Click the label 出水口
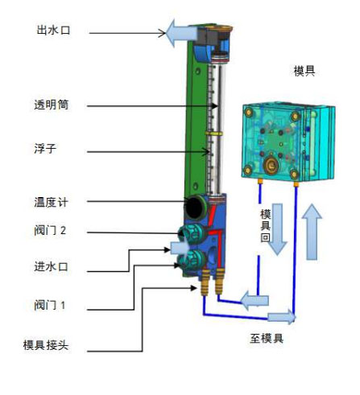coord(53,30)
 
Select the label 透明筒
coord(52,105)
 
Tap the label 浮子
coord(45,148)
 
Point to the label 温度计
coord(51,202)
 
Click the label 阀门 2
coord(50,230)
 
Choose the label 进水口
coord(51,266)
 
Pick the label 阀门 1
coord(50,305)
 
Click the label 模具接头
coord(46,345)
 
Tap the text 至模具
coord(267,338)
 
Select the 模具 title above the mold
coord(304,71)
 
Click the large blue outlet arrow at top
coord(182,33)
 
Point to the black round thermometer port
coord(195,208)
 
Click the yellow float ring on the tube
coord(214,134)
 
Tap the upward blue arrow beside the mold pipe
coord(312,232)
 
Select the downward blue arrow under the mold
coord(277,229)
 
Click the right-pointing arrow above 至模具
coord(282,317)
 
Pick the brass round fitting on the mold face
coord(271,164)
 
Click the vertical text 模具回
coord(265,226)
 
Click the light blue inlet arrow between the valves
coord(180,248)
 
